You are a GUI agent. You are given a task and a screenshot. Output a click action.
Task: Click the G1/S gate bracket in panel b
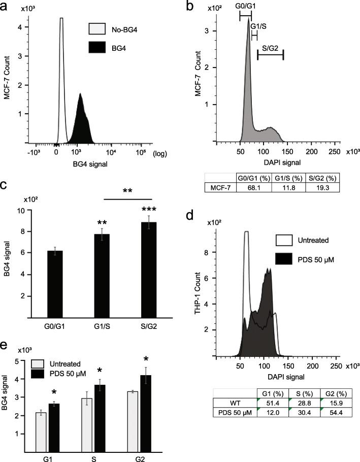tap(254, 35)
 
